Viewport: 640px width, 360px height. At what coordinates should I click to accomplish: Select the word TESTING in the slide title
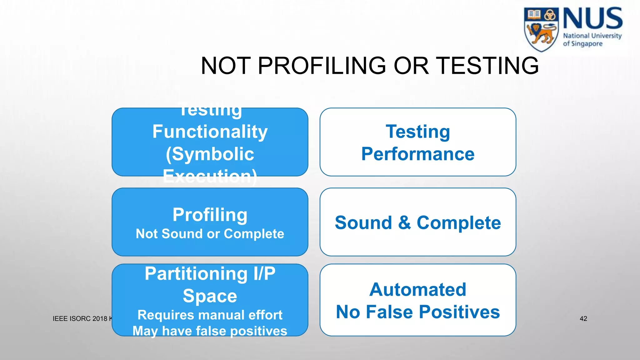487,66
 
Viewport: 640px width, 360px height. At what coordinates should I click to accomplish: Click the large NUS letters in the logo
592,19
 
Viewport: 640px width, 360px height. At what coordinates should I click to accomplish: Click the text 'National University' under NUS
592,36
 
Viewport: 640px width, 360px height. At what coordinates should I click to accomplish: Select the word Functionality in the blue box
210,132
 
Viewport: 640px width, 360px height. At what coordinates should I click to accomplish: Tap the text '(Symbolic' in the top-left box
210,154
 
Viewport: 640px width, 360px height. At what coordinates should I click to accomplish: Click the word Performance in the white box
418,154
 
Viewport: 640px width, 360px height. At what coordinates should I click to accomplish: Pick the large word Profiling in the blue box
210,215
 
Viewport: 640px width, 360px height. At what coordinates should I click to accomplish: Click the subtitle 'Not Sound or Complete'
210,234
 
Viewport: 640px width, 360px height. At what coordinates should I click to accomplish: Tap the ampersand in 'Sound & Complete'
404,222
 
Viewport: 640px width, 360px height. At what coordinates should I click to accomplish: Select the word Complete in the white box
458,222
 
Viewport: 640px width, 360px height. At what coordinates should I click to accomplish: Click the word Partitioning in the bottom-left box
196,274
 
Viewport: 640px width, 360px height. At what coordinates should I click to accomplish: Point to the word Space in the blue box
210,296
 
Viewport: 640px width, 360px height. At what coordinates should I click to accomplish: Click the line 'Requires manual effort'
210,315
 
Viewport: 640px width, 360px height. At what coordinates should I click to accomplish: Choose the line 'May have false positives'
210,331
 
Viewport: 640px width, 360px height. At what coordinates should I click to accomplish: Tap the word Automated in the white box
418,289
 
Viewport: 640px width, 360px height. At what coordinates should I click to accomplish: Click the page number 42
583,319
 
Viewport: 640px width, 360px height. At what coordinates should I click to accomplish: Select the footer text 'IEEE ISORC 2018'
80,319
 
